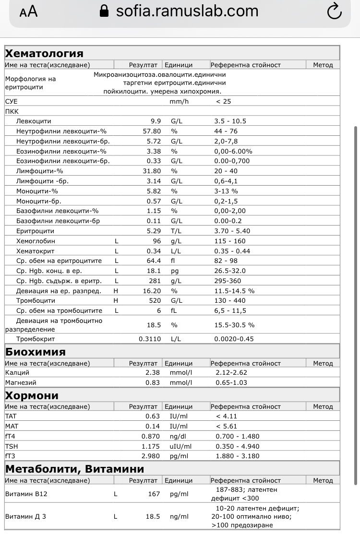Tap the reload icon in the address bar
pos(334,12)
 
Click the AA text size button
pos(28,12)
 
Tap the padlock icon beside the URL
pos(104,11)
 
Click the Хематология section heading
pos(44,53)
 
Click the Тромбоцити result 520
pos(154,301)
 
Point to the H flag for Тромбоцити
pos(116,301)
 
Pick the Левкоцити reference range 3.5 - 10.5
pos(230,121)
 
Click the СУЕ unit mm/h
pos(180,102)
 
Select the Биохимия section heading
pos(36,352)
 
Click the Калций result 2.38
pos(153,372)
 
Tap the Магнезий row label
pos(21,382)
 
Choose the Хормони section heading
pos(32,395)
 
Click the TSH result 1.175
pos(151,446)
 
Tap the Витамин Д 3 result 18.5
pos(153,517)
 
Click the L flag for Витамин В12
pos(116,494)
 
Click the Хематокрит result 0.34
pos(153,251)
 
